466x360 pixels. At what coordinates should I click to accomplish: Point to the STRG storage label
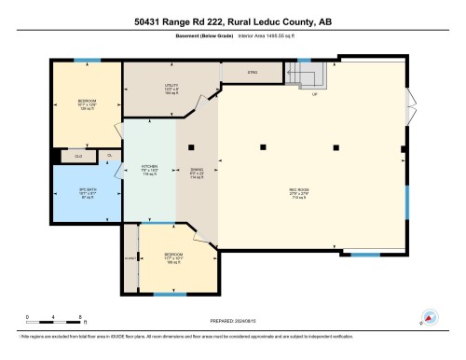(251, 72)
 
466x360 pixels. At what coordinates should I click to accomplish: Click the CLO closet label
(78, 156)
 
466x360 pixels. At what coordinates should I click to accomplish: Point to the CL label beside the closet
(109, 155)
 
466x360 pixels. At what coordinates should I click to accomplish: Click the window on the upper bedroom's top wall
(87, 62)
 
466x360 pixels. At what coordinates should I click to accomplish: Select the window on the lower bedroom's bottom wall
(169, 294)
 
